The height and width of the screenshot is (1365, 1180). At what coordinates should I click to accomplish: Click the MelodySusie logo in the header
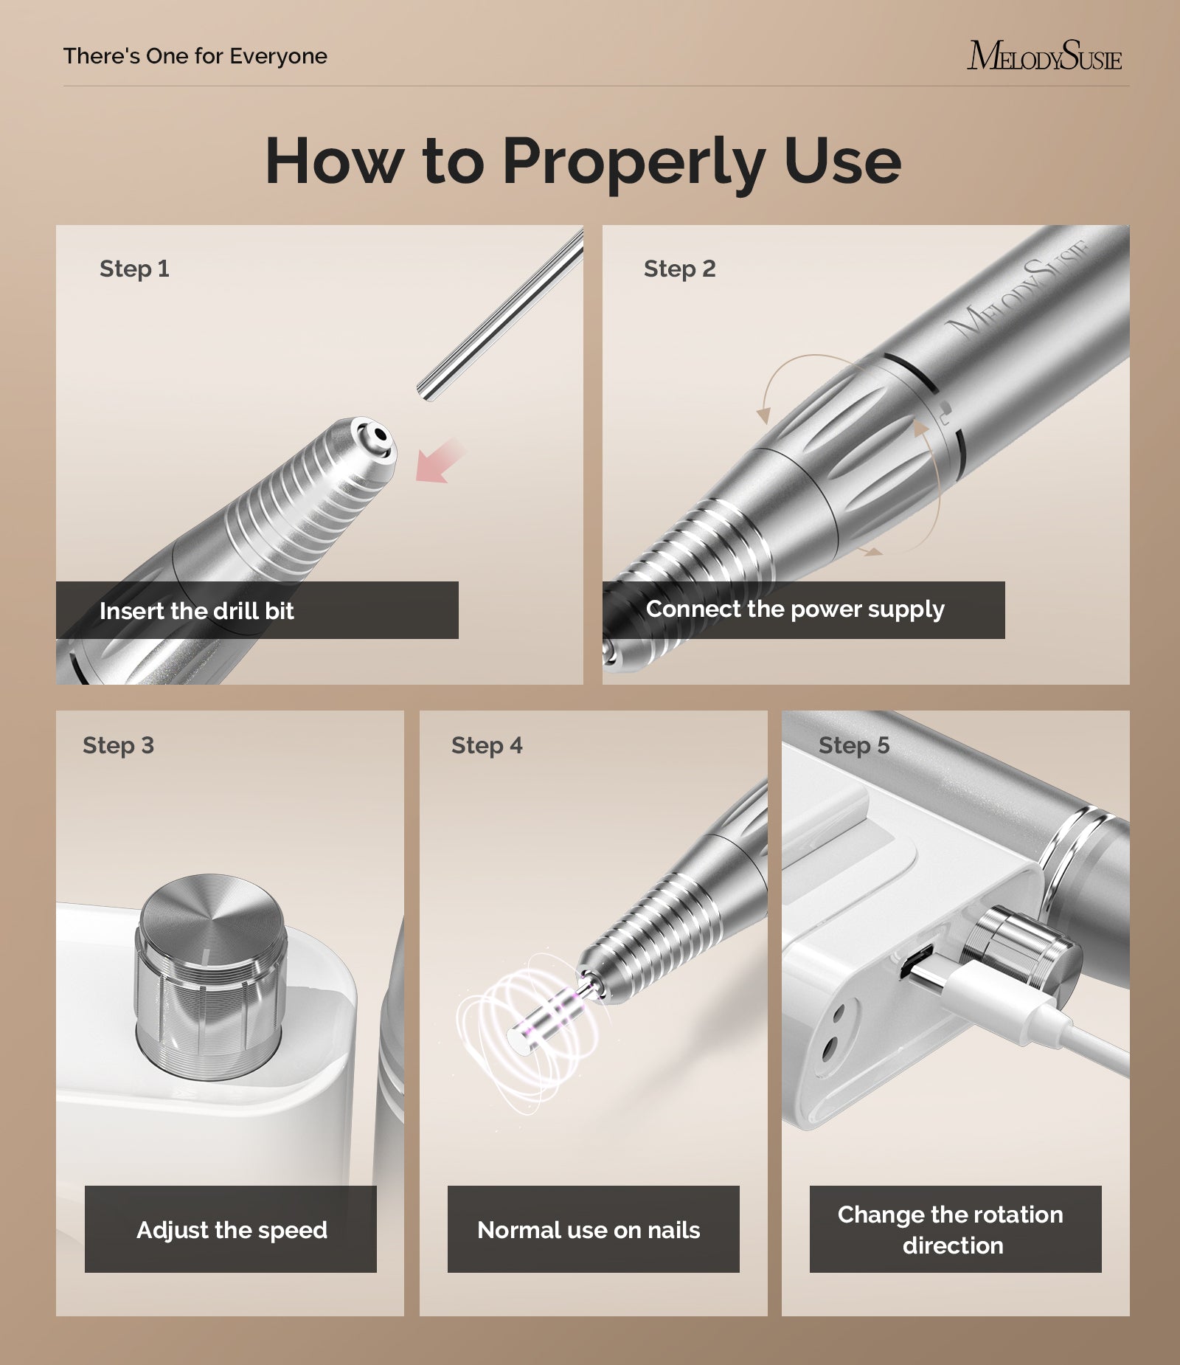[1044, 56]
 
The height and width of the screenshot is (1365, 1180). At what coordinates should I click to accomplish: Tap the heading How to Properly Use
[583, 162]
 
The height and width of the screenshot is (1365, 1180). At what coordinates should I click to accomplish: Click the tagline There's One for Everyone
[195, 56]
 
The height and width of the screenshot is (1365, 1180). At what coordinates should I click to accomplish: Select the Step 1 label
[134, 269]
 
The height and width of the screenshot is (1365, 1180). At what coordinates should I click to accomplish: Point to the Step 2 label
[679, 269]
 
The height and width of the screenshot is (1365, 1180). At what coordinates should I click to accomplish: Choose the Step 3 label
[118, 745]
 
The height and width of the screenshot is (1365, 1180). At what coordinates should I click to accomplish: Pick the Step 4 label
[487, 745]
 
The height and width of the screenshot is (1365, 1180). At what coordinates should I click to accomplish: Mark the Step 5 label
[854, 745]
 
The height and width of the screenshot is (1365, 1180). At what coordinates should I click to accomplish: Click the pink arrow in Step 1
[441, 462]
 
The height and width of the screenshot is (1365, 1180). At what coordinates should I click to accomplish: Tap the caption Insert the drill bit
[197, 611]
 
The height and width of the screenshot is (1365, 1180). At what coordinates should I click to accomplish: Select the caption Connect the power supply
[795, 609]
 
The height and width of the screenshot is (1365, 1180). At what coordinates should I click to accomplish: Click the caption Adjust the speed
[232, 1230]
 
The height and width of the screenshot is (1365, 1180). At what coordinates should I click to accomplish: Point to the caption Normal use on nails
[589, 1230]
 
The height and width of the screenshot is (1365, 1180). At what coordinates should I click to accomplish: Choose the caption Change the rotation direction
[951, 1230]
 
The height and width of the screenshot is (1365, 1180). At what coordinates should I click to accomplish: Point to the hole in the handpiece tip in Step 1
[378, 435]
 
